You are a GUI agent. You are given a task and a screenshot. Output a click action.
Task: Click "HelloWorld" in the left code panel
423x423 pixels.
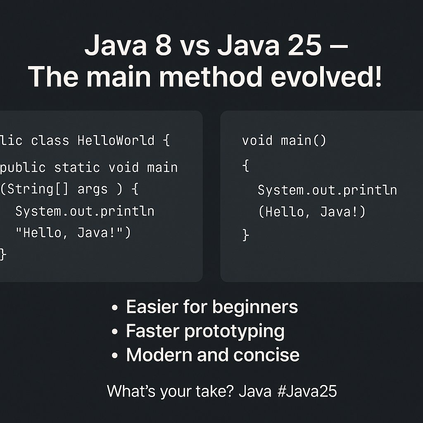(x=116, y=140)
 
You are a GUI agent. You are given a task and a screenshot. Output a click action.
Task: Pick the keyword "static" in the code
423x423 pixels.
(x=77, y=167)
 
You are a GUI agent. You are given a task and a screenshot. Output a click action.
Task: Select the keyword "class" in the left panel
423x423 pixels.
(x=50, y=140)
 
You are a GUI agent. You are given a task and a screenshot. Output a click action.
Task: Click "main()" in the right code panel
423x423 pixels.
(x=304, y=140)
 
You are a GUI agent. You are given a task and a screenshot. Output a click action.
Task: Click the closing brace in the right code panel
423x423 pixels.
(x=246, y=235)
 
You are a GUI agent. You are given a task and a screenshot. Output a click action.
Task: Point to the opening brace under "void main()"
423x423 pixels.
(x=246, y=167)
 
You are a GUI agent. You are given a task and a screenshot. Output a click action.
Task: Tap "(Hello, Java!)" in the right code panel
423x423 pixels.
(x=312, y=212)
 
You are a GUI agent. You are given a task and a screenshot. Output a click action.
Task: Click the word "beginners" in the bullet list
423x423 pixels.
(x=255, y=307)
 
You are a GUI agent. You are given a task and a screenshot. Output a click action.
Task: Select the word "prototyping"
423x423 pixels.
(x=234, y=331)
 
